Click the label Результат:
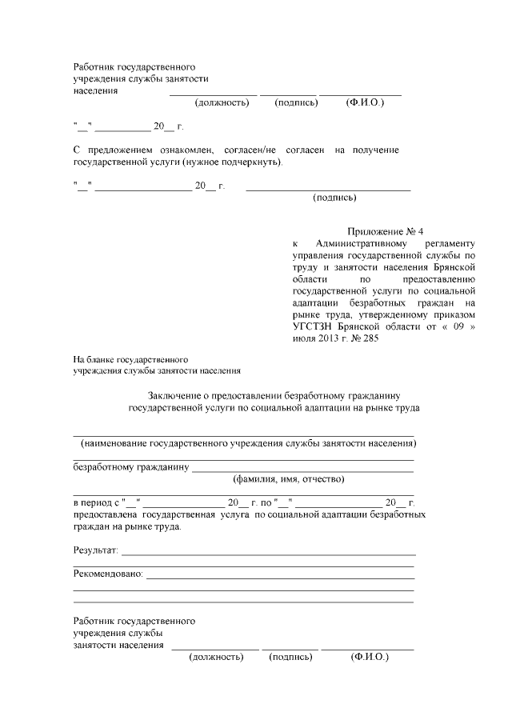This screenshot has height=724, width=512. click(95, 551)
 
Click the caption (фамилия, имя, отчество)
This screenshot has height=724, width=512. click(288, 479)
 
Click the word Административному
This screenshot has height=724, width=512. click(363, 242)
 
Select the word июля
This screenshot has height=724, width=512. click(305, 338)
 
